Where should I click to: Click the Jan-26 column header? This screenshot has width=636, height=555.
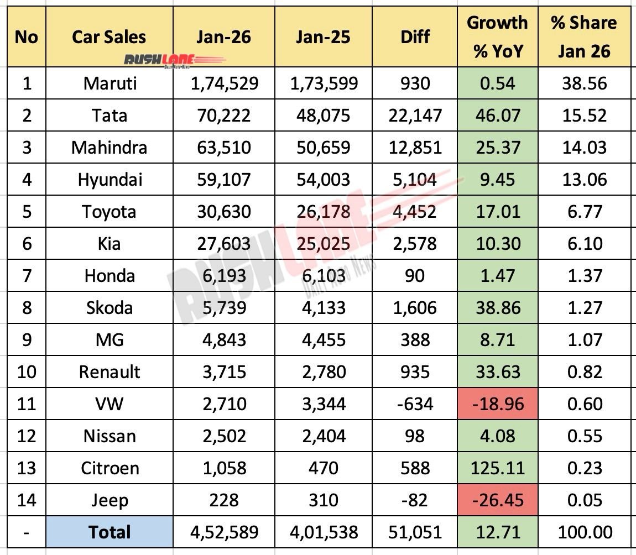point(223,37)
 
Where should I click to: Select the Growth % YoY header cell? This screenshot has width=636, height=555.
point(497,37)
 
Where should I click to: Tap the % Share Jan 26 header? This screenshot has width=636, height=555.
point(583,37)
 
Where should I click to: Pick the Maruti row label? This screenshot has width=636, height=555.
point(109,83)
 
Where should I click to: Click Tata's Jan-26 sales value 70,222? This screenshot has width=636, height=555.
point(223,116)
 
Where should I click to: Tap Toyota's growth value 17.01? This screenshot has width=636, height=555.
point(497,212)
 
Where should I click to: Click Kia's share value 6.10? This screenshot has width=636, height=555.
point(583,244)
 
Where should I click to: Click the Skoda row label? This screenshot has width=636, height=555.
point(109,307)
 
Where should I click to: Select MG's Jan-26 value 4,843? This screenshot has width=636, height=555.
point(223,339)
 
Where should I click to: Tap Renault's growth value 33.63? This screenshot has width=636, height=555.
point(497,371)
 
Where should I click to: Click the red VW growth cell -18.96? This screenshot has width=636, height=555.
point(497,404)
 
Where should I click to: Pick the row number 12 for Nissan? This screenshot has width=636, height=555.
point(26,436)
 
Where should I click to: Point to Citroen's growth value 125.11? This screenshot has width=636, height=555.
point(497,468)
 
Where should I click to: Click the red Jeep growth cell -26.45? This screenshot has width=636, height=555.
point(497,500)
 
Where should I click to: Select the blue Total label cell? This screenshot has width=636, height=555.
point(109,532)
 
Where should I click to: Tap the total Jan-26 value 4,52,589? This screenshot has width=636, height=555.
point(223,532)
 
